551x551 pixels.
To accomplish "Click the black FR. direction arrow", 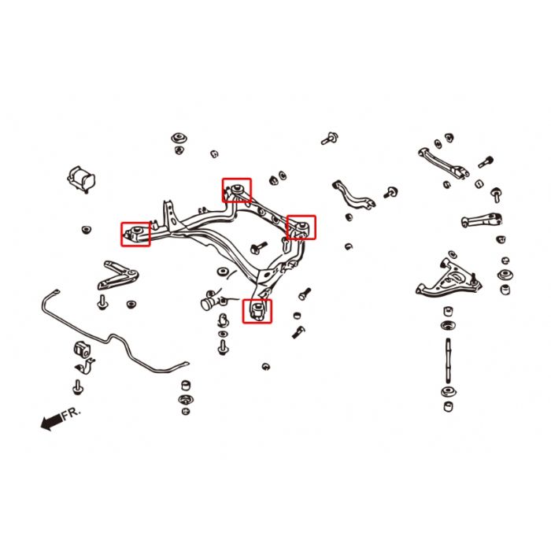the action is pos(51,420).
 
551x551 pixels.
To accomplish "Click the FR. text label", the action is pos(72,413).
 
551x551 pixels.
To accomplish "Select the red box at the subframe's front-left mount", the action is pos(135,234).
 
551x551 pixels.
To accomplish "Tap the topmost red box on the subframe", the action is pos(237,190).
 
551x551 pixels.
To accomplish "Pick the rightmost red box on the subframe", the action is pos(301,227).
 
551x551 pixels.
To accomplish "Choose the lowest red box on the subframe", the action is pos(257,311).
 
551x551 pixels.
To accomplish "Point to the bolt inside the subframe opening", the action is pos(259,247).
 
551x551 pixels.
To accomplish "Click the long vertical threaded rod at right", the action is pos(448,361).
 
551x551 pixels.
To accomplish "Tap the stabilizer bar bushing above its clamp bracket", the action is pos(82,349).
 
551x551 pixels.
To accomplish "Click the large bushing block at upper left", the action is pos(81,179).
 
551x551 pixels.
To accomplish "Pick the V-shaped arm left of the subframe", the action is pos(117,275).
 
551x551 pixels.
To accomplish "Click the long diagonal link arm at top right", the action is pos(443,164).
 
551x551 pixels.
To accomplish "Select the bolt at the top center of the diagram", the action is pos(330,138).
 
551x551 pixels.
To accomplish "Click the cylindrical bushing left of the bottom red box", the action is pos(210,302).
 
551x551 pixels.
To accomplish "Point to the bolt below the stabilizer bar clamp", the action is pos(77,387).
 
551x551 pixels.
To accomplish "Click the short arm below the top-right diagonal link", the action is pos(482,220).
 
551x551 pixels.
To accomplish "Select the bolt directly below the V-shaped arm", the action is pos(102,301).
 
